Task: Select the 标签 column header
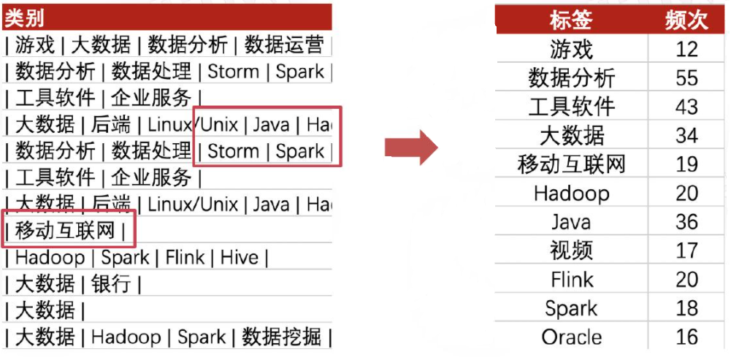tap(570, 20)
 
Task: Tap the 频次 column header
tap(686, 20)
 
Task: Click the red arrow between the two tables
tap(411, 148)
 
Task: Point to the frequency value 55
tap(686, 78)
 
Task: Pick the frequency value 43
tap(686, 107)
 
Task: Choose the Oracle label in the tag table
tap(571, 337)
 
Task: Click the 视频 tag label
tap(571, 250)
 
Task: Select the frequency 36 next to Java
tap(686, 222)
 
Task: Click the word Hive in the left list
tap(240, 258)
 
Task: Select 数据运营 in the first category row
tap(283, 45)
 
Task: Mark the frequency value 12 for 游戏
tap(686, 50)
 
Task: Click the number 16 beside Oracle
tap(686, 337)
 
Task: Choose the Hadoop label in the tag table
tap(571, 194)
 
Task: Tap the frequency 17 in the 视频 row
tap(686, 250)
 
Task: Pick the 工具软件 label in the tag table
tap(571, 107)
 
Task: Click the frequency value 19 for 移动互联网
tap(686, 164)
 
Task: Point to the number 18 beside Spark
tap(686, 308)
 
